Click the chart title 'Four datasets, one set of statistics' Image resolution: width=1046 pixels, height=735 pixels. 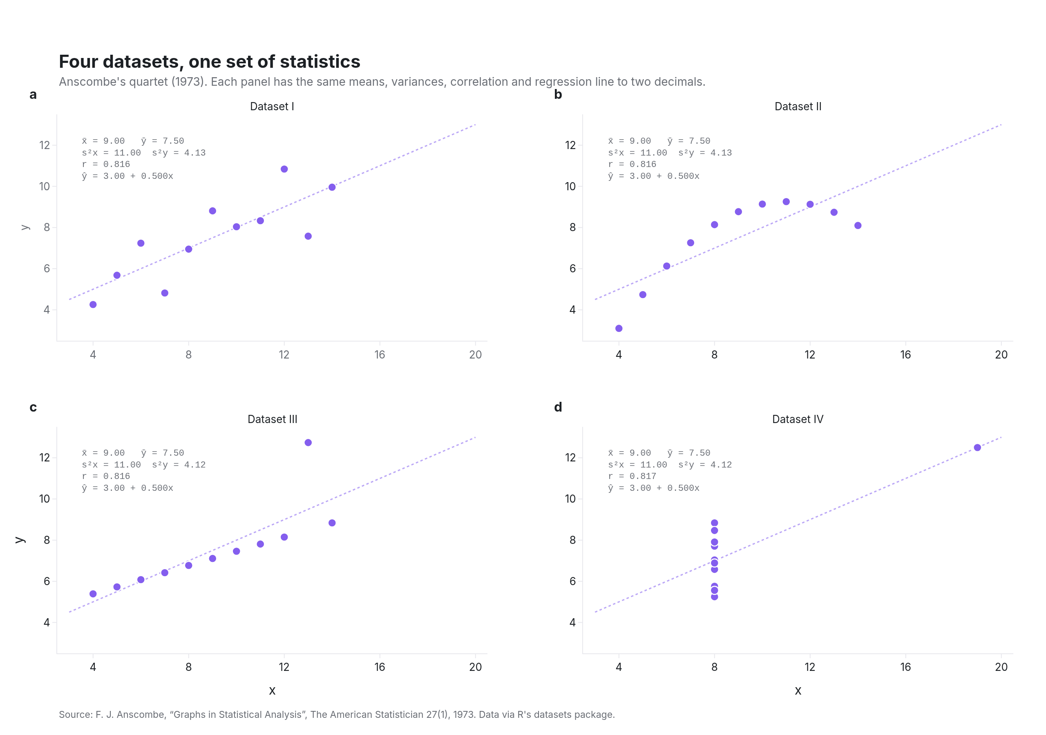pyautogui.click(x=210, y=62)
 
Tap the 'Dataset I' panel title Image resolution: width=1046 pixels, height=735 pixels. pyautogui.click(x=272, y=107)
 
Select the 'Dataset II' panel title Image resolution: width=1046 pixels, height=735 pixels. pyautogui.click(x=798, y=107)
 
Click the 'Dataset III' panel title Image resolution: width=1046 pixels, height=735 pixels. pyautogui.click(x=273, y=419)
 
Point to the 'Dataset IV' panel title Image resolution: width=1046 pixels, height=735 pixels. pyautogui.click(x=798, y=419)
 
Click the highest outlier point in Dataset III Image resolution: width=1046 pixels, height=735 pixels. pyautogui.click(x=308, y=443)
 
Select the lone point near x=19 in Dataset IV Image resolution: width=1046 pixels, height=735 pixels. pyautogui.click(x=977, y=448)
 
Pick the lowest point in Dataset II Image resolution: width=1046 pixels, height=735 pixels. pyautogui.click(x=619, y=328)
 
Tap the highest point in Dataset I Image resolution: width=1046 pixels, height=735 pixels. pyautogui.click(x=284, y=169)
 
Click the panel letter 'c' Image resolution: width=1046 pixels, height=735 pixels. pyautogui.click(x=33, y=407)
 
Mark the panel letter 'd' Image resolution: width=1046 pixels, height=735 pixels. pyautogui.click(x=558, y=407)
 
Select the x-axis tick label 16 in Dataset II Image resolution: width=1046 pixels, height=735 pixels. pyautogui.click(x=905, y=355)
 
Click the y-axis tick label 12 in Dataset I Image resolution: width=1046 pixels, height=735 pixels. pyautogui.click(x=45, y=145)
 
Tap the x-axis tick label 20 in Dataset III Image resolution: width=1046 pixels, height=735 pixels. pyautogui.click(x=475, y=667)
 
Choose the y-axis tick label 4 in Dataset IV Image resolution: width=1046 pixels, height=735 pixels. pyautogui.click(x=573, y=623)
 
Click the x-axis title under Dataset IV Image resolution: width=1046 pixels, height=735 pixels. pyautogui.click(x=798, y=691)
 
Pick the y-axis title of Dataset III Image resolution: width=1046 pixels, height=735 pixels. pyautogui.click(x=20, y=540)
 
